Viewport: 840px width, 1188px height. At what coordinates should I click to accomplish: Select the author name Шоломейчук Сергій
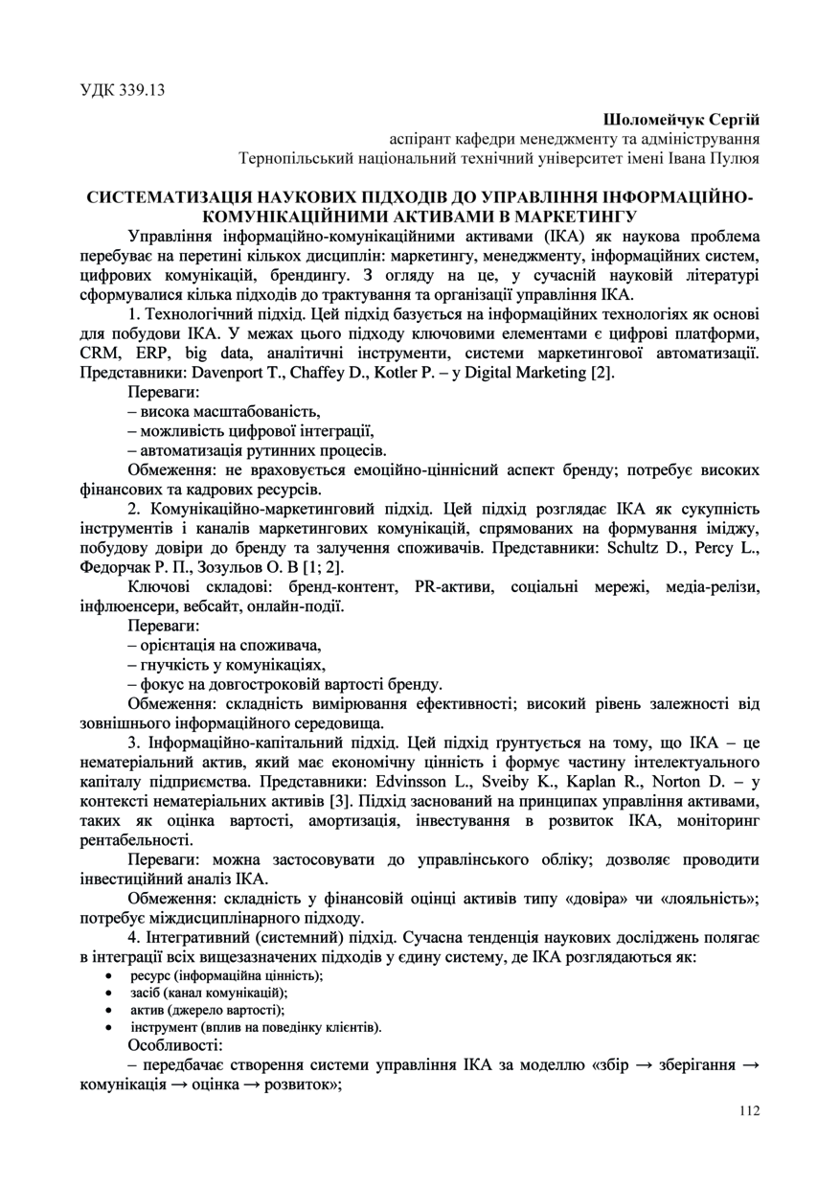click(x=681, y=120)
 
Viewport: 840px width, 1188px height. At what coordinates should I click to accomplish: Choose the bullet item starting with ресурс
click(x=227, y=975)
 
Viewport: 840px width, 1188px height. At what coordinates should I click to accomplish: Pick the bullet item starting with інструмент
click(x=256, y=1027)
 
